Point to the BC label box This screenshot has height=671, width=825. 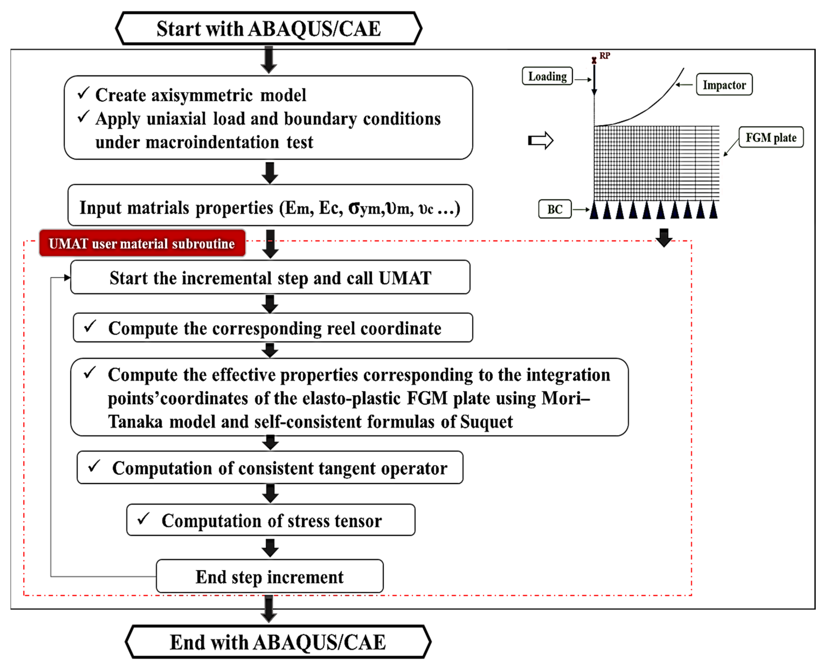point(555,209)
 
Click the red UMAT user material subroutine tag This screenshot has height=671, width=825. point(142,243)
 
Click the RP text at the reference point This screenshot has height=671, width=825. point(605,56)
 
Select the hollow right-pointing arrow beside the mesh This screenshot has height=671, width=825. point(540,140)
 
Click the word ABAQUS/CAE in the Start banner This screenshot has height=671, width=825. point(314,29)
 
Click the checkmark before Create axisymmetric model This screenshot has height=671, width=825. point(83,93)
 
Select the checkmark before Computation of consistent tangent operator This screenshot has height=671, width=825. point(94,466)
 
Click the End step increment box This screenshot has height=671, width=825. point(270,576)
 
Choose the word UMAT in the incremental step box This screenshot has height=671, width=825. point(405,278)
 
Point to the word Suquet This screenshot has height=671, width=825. point(486,422)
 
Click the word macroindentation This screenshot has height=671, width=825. point(212,143)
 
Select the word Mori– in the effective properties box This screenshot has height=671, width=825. point(566,398)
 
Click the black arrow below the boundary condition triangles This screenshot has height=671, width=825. point(664,237)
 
